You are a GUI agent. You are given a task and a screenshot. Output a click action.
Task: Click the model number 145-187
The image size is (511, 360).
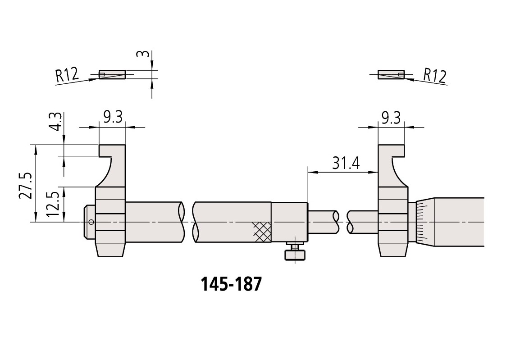(231, 284)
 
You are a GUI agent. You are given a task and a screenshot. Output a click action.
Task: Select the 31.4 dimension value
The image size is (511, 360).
(346, 163)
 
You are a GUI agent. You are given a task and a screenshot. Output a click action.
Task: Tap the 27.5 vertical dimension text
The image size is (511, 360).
(25, 186)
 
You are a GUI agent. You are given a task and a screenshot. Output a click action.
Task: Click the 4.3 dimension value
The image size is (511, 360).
(55, 122)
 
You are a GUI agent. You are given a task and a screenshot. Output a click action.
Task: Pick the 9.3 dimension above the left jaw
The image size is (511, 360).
(113, 117)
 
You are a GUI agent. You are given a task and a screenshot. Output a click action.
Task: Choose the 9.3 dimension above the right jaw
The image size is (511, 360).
(391, 118)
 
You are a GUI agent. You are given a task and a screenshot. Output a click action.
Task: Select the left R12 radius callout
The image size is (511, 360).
(67, 75)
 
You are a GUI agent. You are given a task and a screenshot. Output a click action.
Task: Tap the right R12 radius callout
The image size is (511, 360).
(435, 76)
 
